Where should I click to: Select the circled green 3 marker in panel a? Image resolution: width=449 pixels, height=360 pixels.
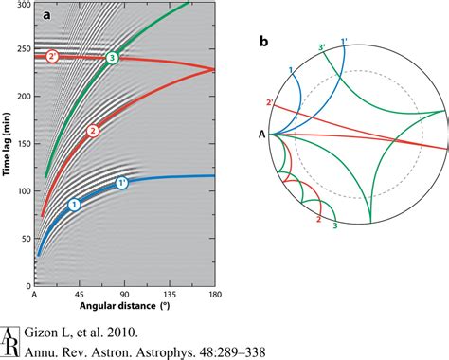pos(113,58)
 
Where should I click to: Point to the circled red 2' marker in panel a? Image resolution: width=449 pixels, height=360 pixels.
pos(52,56)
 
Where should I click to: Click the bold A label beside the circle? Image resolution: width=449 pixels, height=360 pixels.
pos(261,134)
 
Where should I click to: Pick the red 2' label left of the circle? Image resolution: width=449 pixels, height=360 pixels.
pos(270,102)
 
